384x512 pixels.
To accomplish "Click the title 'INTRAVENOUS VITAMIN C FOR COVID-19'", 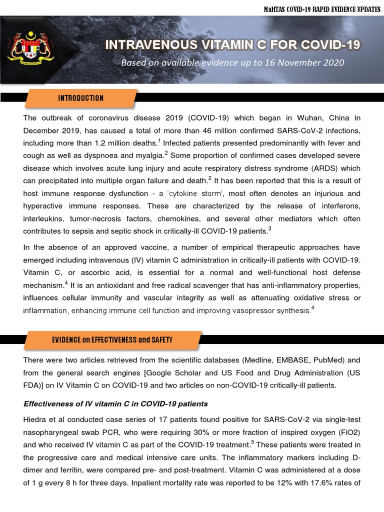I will tap(232, 45).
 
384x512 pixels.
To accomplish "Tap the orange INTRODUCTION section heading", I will tap(80, 98).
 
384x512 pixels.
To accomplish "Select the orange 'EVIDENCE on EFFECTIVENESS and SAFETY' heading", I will tap(112, 339).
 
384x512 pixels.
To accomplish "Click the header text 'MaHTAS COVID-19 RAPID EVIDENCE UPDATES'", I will tap(321, 8).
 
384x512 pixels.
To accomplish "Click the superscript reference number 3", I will tap(270, 229).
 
